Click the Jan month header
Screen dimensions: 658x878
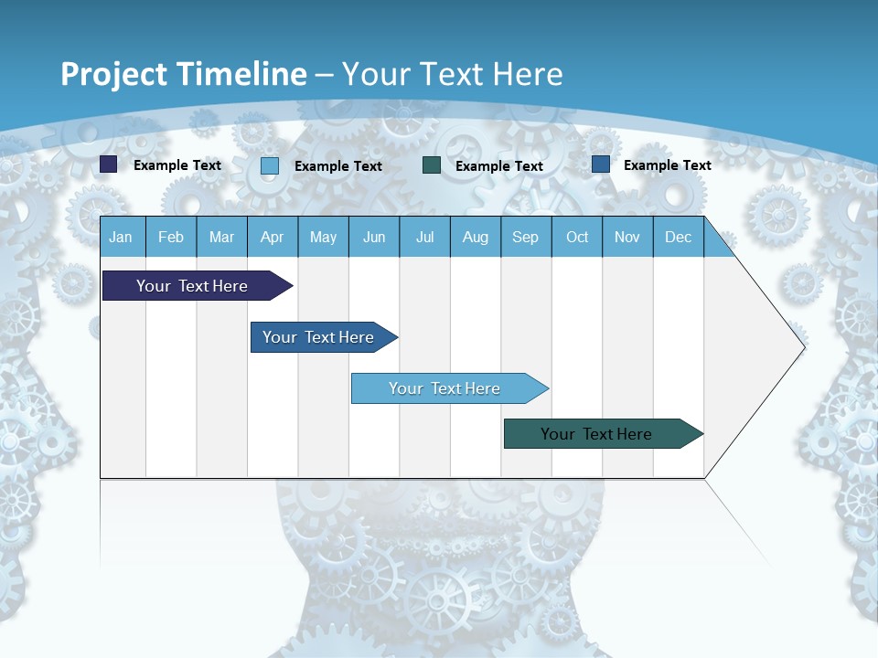pos(121,238)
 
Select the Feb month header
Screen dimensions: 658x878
pos(171,238)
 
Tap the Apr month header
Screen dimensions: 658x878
pos(273,238)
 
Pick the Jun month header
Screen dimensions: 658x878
pos(374,238)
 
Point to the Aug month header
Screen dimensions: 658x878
pos(476,238)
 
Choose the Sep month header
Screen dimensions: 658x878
pos(526,238)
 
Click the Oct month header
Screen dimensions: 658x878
pos(577,238)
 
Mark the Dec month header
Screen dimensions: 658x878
pos(679,238)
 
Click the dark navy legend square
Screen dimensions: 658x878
pos(109,164)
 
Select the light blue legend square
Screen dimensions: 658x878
pos(270,165)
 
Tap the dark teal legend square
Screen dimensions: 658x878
pos(432,165)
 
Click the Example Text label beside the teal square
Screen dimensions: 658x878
pos(499,166)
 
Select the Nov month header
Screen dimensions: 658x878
pos(627,238)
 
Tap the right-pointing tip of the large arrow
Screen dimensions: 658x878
pos(803,347)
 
